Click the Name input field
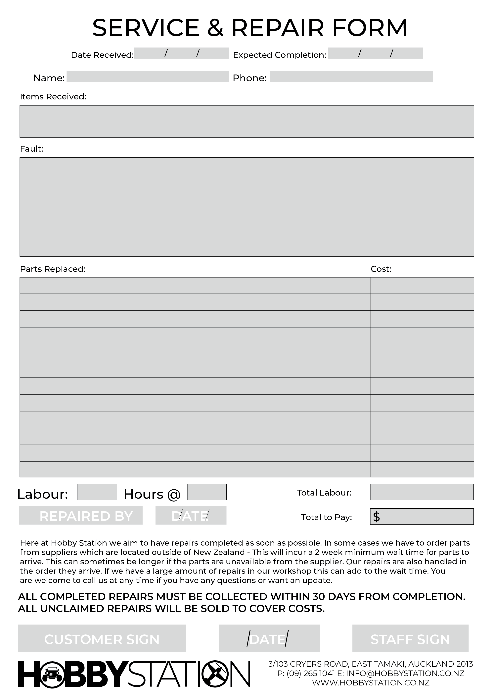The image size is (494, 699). (x=148, y=76)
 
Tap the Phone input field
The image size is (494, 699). (x=351, y=76)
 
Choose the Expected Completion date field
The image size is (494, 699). (x=375, y=53)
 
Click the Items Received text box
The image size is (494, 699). (x=247, y=121)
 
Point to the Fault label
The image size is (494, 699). (x=32, y=149)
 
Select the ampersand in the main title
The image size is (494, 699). (x=215, y=28)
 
